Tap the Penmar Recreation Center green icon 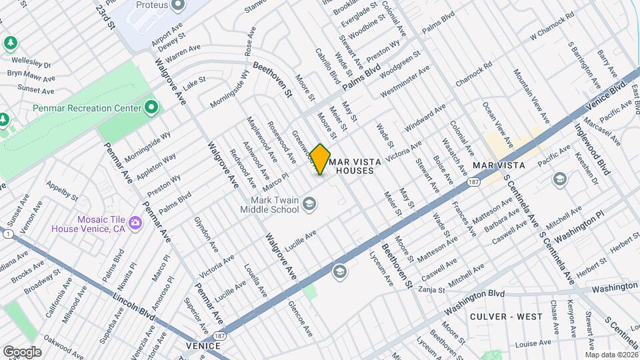point(151,107)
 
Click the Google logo point(21,351)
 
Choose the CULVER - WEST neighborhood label point(506,316)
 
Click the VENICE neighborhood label point(203,346)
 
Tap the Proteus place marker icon point(177,5)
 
